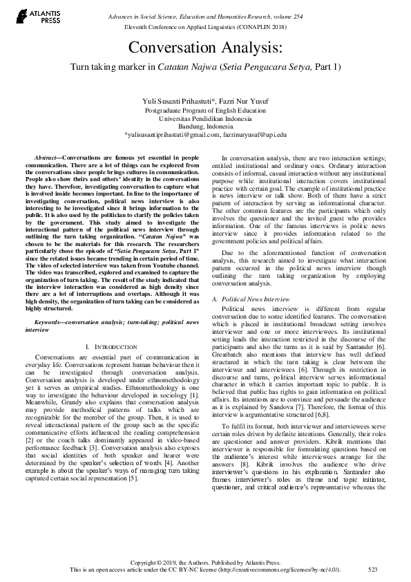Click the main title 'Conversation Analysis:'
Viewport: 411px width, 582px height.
[x=205, y=48]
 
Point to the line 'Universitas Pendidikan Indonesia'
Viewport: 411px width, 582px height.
[x=205, y=118]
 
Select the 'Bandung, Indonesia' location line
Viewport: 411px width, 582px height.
[x=205, y=126]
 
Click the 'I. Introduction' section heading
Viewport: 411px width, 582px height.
[x=108, y=345]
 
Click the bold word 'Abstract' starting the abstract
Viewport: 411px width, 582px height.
[x=47, y=159]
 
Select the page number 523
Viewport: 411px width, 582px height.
[x=373, y=569]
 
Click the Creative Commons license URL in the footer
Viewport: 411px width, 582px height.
[x=275, y=569]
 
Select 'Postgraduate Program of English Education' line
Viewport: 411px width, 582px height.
[x=205, y=110]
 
